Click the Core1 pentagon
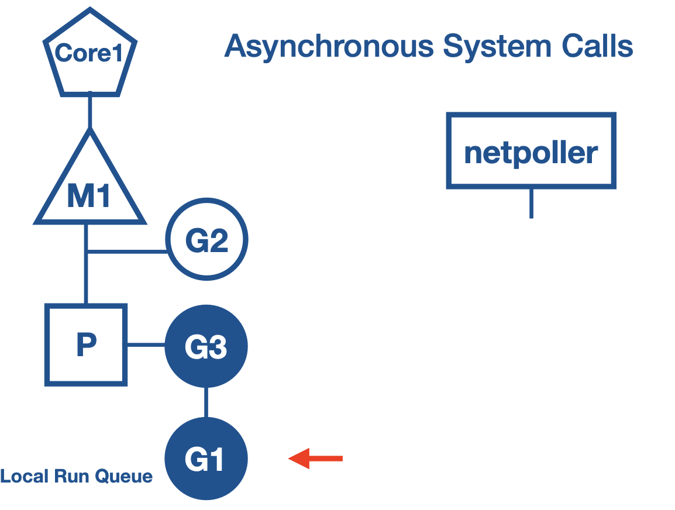(x=89, y=56)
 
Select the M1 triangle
(x=89, y=193)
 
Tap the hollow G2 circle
(x=206, y=240)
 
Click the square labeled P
(x=86, y=345)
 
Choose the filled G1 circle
(x=206, y=459)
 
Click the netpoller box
(x=531, y=151)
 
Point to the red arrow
(x=316, y=459)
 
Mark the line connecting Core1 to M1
(x=89, y=111)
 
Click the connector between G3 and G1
(x=206, y=402)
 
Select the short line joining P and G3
(x=146, y=345)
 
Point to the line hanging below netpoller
(x=531, y=203)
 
